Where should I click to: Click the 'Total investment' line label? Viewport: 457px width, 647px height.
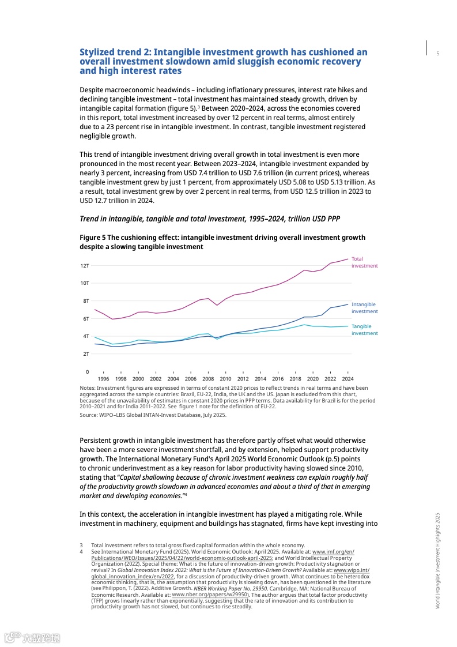click(x=364, y=262)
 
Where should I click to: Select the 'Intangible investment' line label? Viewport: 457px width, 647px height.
click(x=364, y=308)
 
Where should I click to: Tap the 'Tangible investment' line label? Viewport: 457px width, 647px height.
click(x=364, y=330)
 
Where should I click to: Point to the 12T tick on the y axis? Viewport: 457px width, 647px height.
click(x=85, y=265)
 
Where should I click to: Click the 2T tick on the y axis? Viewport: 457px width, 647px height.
click(x=85, y=353)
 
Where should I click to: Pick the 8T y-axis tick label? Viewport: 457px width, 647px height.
click(x=85, y=300)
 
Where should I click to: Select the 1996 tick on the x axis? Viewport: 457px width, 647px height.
click(x=103, y=379)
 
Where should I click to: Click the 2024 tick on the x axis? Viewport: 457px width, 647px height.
click(x=348, y=379)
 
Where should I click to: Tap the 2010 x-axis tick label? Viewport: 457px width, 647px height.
click(x=225, y=379)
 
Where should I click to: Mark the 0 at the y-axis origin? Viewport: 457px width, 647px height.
click(x=87, y=371)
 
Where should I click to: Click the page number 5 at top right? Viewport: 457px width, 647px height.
click(x=437, y=54)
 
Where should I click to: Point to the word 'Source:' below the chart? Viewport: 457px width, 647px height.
click(x=89, y=415)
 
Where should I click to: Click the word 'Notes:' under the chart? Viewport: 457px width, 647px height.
click(x=88, y=388)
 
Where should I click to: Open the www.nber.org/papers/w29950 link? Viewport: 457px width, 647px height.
click(x=210, y=594)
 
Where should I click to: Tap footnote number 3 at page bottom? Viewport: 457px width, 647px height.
click(x=81, y=546)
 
